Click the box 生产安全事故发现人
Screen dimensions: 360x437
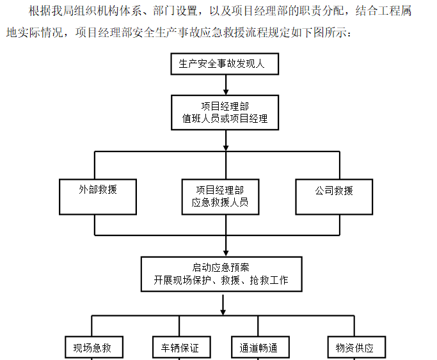tap(225, 64)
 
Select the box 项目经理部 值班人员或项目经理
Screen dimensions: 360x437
tap(225, 113)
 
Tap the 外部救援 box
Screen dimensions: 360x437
tap(98, 196)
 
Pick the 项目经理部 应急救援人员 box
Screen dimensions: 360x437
tap(220, 196)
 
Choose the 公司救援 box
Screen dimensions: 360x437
tap(334, 196)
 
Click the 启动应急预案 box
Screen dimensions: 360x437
tap(221, 274)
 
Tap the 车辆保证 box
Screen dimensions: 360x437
tap(176, 347)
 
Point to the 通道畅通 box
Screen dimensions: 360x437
tap(258, 347)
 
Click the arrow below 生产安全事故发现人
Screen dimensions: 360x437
tap(225, 85)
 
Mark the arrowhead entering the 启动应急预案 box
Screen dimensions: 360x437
tap(225, 252)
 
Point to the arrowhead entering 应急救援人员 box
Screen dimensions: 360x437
tap(225, 175)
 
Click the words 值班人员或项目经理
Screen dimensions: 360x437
tap(225, 119)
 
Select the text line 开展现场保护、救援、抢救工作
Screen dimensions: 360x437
tap(221, 280)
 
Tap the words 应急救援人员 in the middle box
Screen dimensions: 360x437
tap(220, 203)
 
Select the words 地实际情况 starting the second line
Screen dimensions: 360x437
tap(33, 33)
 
